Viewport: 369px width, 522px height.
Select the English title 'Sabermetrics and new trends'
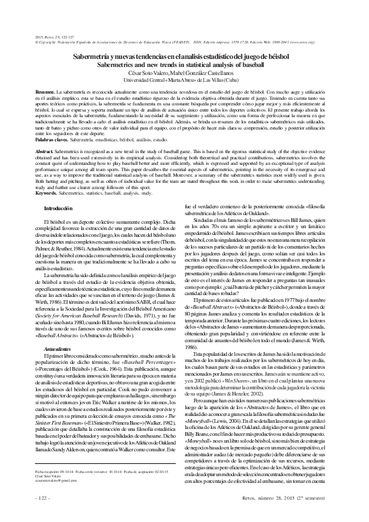click(x=185, y=64)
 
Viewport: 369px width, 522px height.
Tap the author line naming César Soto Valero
click(x=185, y=72)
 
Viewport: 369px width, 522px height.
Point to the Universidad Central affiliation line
click(x=185, y=79)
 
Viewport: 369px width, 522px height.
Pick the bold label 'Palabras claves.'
click(x=52, y=141)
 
